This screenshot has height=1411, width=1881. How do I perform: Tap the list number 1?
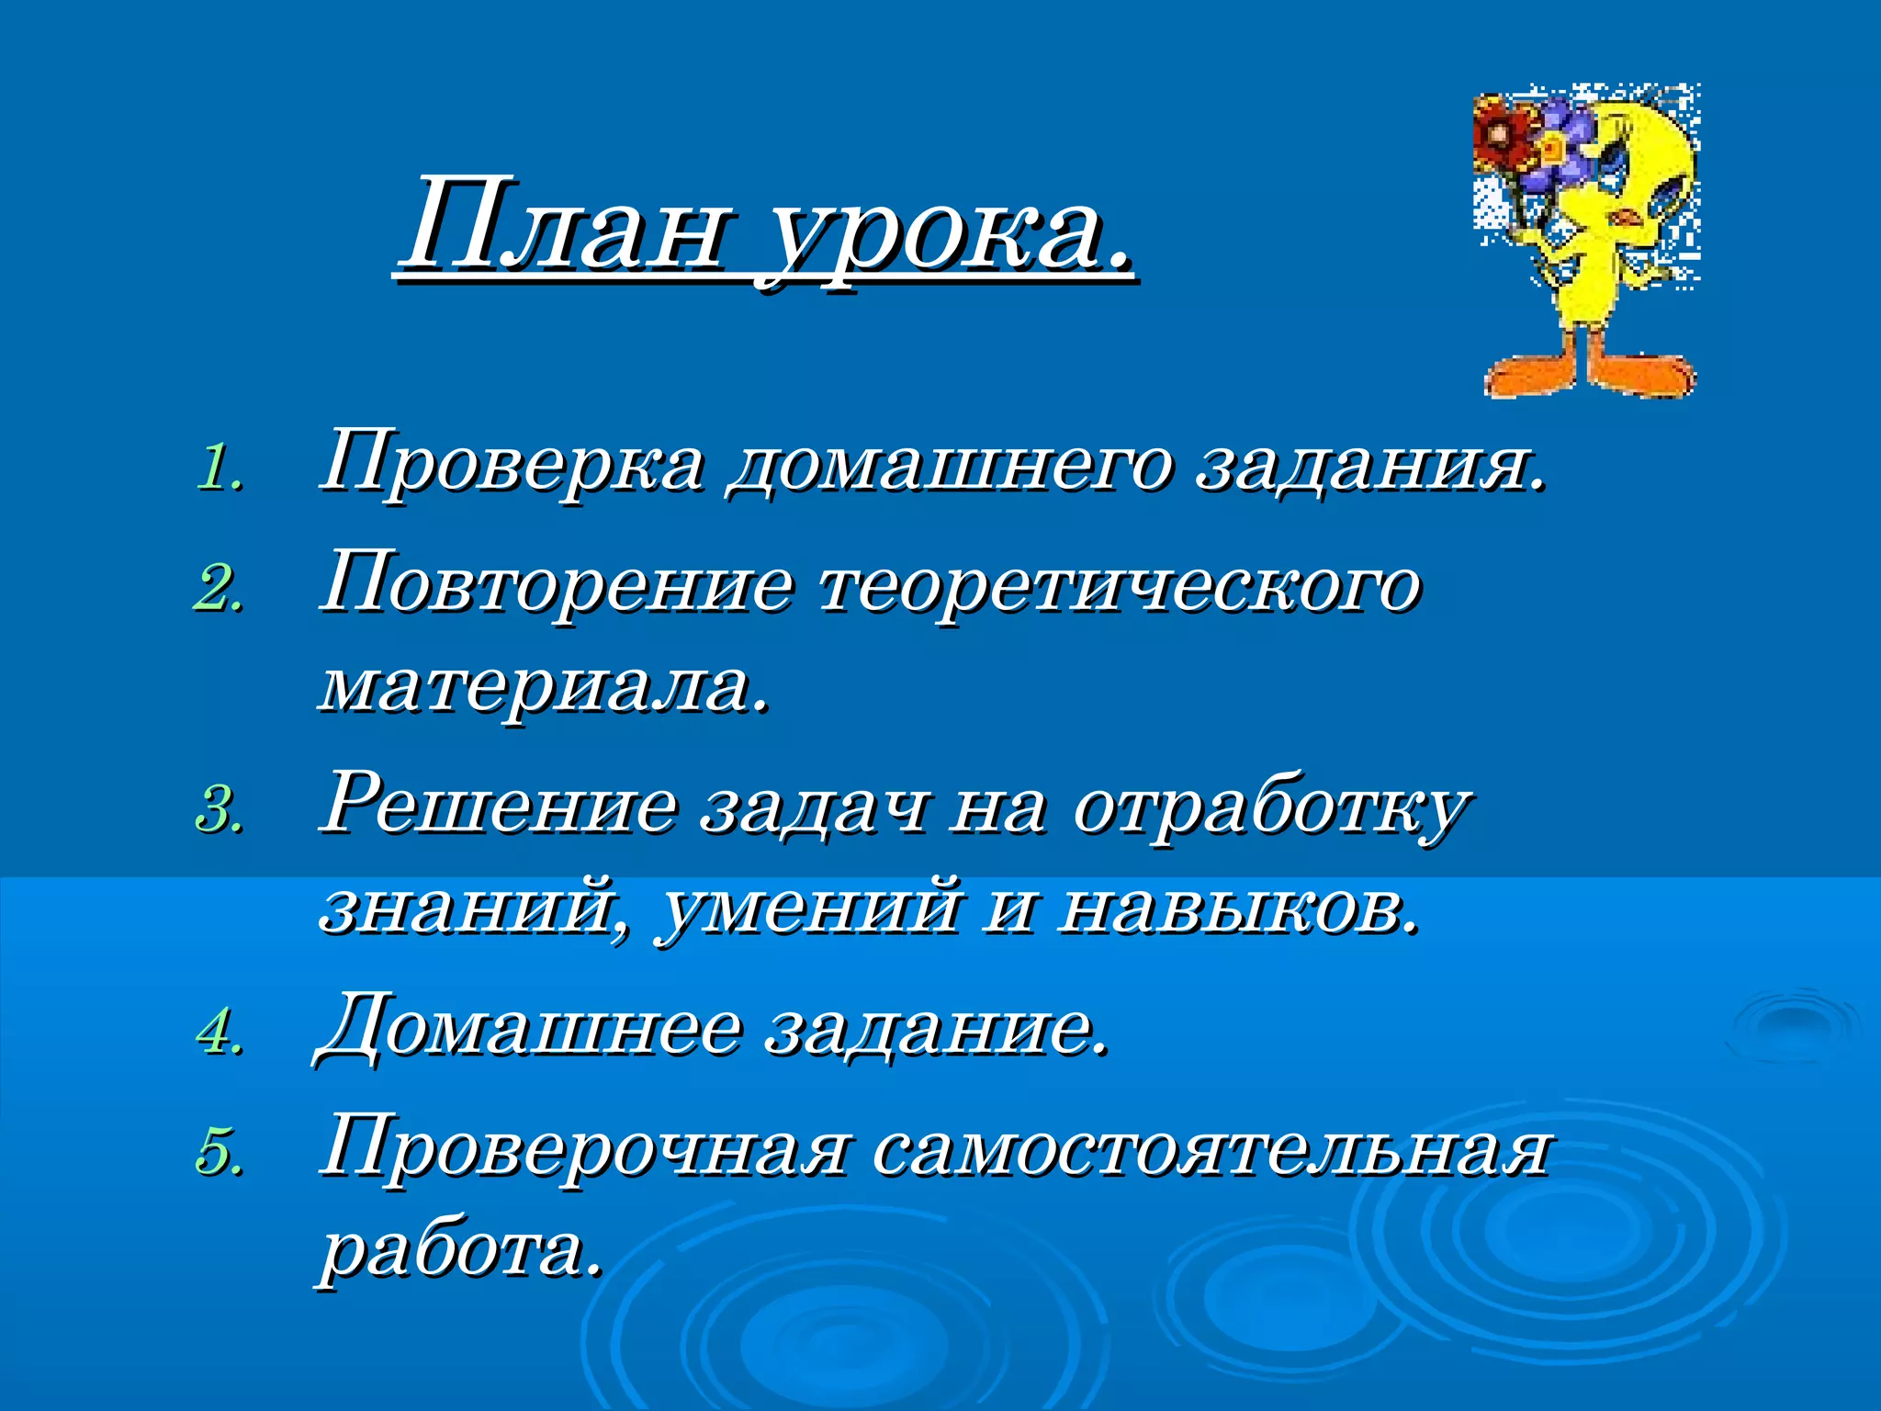(219, 468)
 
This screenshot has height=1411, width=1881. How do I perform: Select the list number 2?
(219, 588)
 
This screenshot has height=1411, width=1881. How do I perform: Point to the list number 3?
(219, 811)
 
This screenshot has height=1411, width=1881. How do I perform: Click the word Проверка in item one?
(512, 462)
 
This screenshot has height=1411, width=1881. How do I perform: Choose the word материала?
(542, 687)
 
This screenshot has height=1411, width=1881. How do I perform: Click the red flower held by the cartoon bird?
(1504, 135)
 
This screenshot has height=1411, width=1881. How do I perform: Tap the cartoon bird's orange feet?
(1590, 372)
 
